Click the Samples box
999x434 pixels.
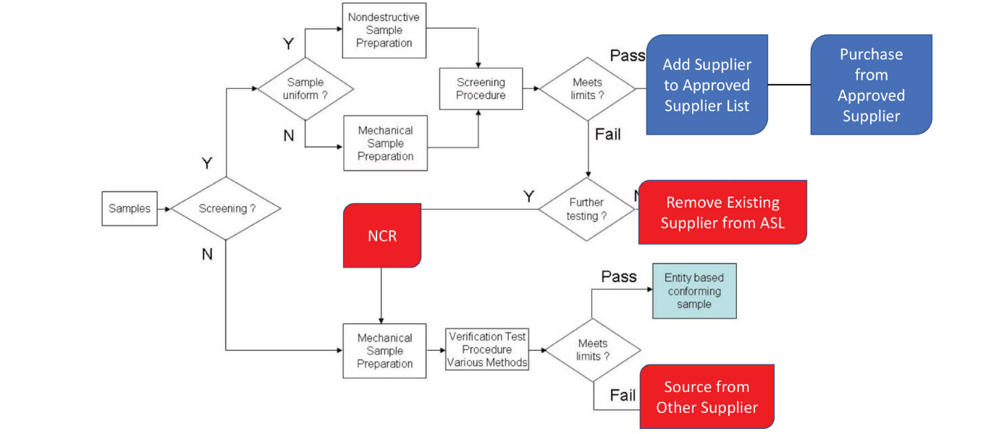130,208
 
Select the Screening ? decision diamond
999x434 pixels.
227,208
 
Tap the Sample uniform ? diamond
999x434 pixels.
305,89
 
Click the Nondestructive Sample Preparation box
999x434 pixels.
384,30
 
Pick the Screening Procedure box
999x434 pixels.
481,89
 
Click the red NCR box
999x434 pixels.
382,235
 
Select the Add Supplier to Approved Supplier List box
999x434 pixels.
707,85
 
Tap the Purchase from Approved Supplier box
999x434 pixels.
871,85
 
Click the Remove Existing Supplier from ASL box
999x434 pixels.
722,212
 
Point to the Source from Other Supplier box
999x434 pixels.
707,396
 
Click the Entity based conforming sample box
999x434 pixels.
694,291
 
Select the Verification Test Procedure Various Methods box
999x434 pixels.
487,349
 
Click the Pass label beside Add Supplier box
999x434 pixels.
628,56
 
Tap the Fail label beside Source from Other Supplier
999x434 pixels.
623,395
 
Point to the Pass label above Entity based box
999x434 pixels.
619,276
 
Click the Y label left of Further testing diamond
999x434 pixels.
528,195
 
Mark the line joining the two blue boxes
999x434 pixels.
789,85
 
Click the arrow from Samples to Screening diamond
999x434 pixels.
164,209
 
